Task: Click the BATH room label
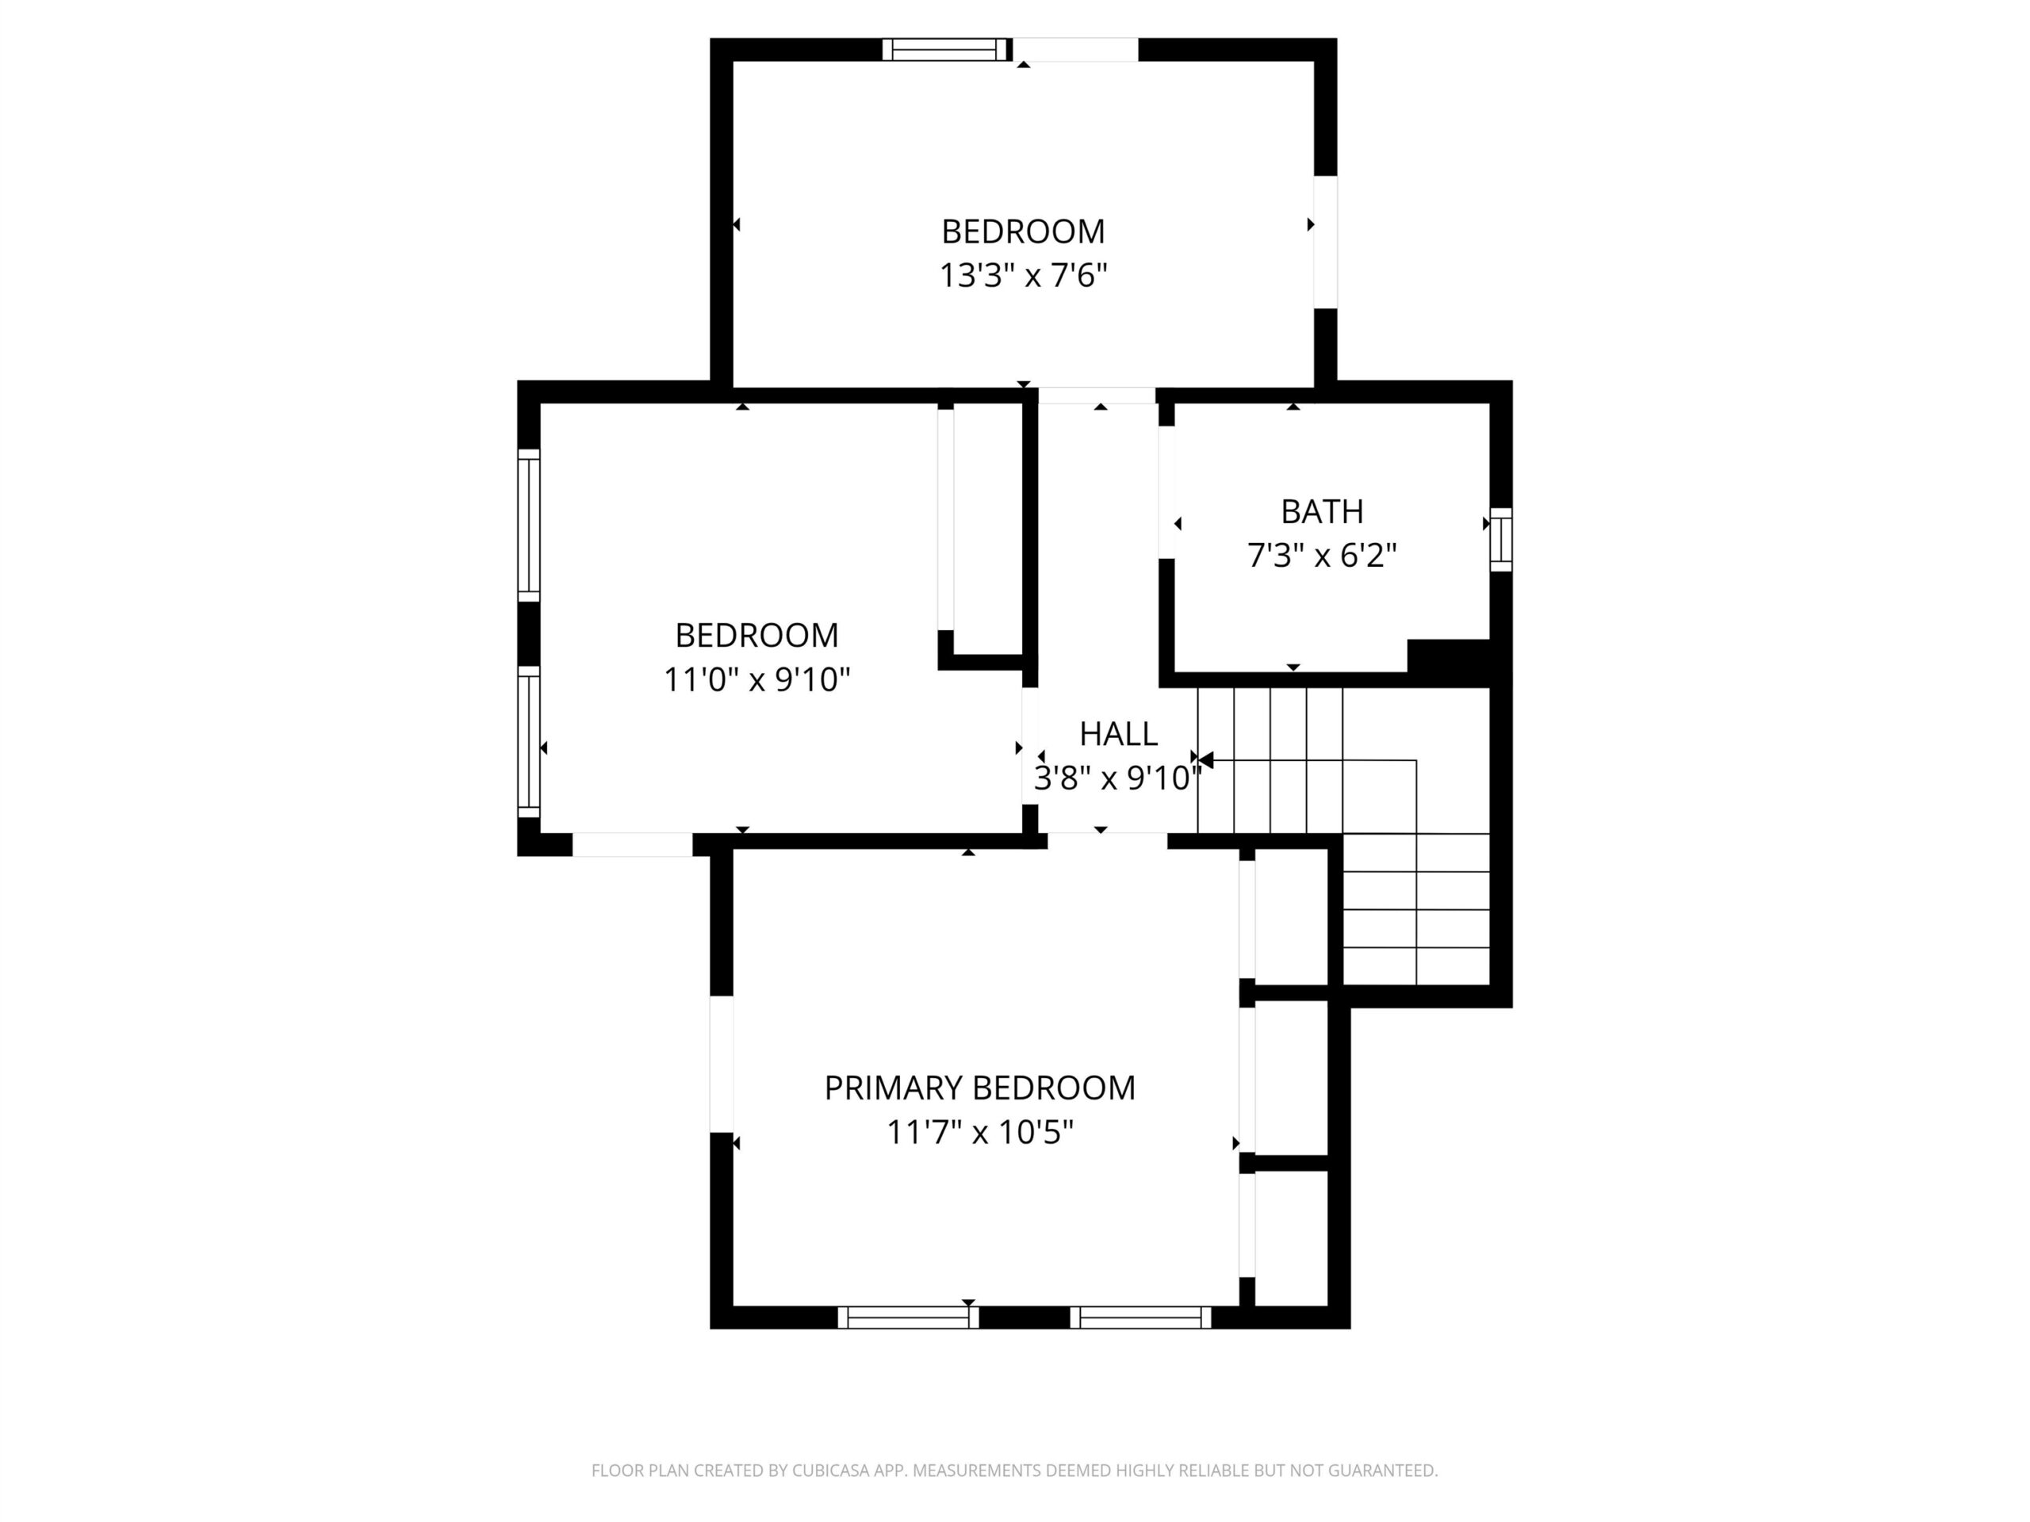(1322, 511)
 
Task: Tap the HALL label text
(1118, 734)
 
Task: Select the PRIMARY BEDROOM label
(979, 1088)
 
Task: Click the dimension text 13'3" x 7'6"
(1023, 275)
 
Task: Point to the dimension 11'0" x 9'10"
(757, 680)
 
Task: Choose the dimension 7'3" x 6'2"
(1322, 555)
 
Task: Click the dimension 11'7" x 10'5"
(979, 1133)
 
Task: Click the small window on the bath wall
(1500, 540)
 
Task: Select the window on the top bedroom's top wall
(945, 49)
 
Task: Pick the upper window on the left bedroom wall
(529, 525)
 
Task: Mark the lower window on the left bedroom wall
(529, 741)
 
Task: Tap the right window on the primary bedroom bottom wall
(1141, 1317)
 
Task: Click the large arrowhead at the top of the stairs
(1206, 760)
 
